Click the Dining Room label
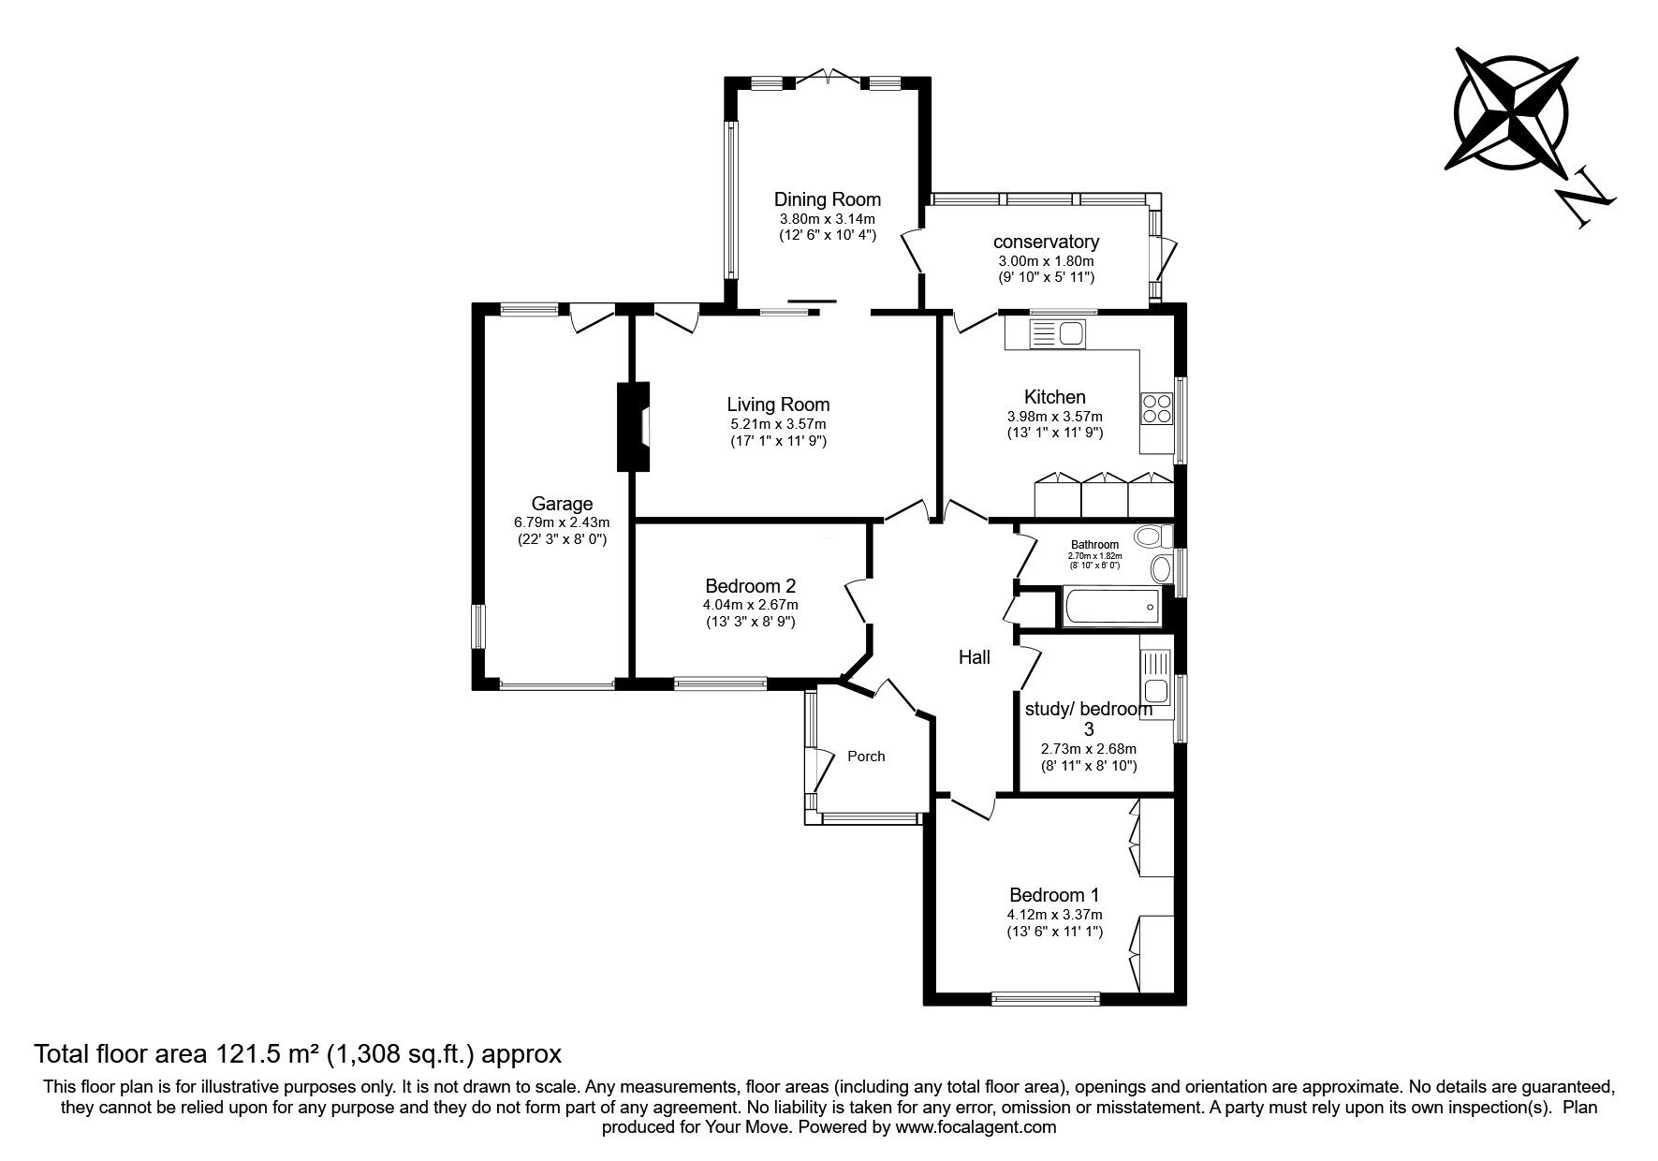pos(827,199)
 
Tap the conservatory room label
pos(1046,242)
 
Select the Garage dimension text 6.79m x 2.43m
pos(562,522)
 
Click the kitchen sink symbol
pos(1055,332)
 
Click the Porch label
pos(866,757)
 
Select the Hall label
pos(974,658)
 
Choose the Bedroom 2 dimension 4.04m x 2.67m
pos(750,605)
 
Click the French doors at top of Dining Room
pos(828,78)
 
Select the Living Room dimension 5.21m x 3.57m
pos(778,423)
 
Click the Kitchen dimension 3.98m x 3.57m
pos(1054,417)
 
